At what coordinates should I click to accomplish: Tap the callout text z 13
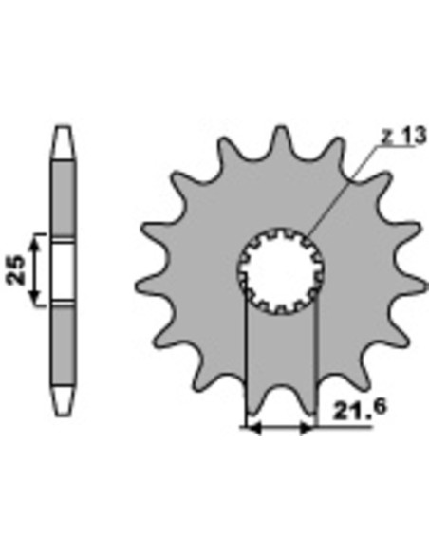(x=403, y=136)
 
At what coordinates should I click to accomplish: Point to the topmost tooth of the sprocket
(x=281, y=136)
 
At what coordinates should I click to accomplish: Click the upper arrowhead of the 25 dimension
(x=34, y=243)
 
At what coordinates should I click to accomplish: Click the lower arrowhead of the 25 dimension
(x=34, y=296)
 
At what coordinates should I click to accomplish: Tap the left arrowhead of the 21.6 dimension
(x=253, y=429)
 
